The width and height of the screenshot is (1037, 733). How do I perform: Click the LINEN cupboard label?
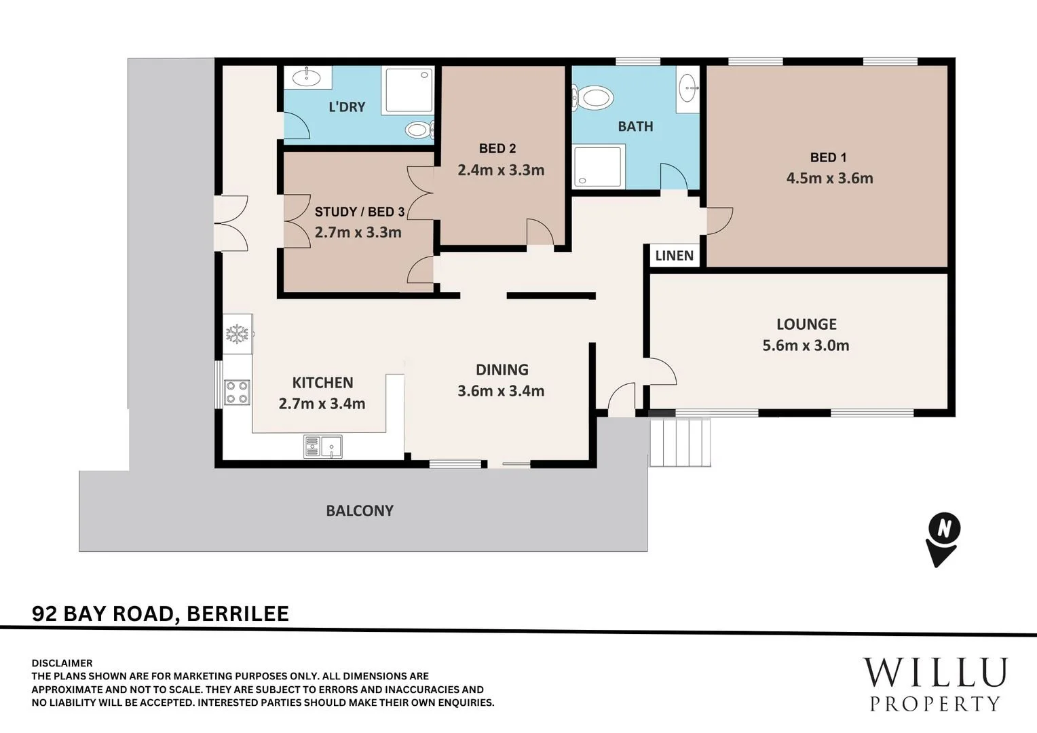pyautogui.click(x=674, y=256)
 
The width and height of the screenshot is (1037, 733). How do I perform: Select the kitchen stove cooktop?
pyautogui.click(x=237, y=392)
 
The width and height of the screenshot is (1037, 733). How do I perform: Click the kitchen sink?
pyautogui.click(x=322, y=447)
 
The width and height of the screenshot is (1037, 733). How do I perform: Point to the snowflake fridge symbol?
pyautogui.click(x=237, y=334)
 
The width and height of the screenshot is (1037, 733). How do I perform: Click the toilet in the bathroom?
pyautogui.click(x=594, y=98)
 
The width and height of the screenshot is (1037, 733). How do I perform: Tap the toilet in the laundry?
pyautogui.click(x=419, y=130)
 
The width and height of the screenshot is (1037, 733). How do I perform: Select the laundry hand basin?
pyautogui.click(x=307, y=77)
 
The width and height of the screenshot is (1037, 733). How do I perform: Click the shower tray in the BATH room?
pyautogui.click(x=599, y=166)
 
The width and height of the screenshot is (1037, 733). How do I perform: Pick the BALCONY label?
pyautogui.click(x=360, y=511)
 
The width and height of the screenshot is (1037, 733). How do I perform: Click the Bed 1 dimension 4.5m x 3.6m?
pyautogui.click(x=829, y=178)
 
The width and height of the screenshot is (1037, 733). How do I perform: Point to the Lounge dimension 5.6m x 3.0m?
pyautogui.click(x=806, y=345)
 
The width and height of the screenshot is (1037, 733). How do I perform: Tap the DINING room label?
pyautogui.click(x=502, y=369)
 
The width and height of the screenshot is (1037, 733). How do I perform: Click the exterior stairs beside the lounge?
pyautogui.click(x=680, y=443)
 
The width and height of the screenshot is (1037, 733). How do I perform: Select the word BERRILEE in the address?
pyautogui.click(x=238, y=614)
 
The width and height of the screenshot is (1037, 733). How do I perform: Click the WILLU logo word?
pyautogui.click(x=935, y=673)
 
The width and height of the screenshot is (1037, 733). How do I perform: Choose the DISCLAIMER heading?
pyautogui.click(x=62, y=663)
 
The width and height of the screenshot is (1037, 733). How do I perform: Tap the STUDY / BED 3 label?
pyautogui.click(x=360, y=212)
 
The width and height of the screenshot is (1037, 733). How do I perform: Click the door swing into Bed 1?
pyautogui.click(x=719, y=221)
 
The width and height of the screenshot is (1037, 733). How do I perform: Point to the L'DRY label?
pyautogui.click(x=347, y=107)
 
